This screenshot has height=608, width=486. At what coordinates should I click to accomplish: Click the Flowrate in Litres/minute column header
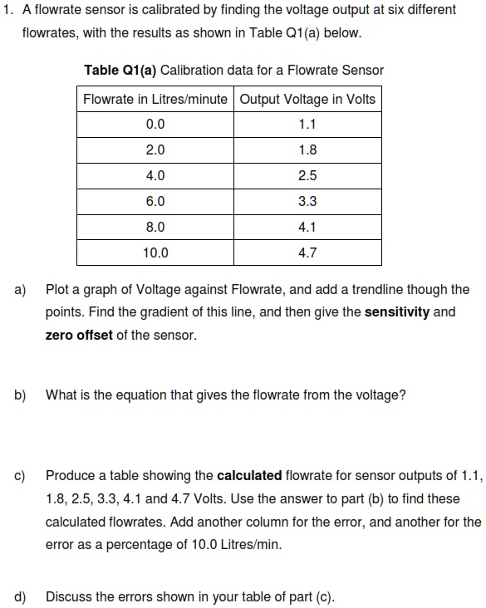tap(155, 100)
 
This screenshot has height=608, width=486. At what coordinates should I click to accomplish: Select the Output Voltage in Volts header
tap(307, 100)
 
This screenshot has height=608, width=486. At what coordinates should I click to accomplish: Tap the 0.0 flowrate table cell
tap(155, 125)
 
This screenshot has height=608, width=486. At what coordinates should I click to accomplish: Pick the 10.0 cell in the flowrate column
tap(155, 253)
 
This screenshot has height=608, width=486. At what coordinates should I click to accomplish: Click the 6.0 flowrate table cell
tap(155, 202)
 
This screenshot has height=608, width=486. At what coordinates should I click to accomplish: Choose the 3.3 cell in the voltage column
tap(307, 202)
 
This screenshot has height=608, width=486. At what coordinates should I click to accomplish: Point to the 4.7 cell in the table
tap(307, 253)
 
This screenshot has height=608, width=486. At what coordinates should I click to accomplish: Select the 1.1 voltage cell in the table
tap(307, 125)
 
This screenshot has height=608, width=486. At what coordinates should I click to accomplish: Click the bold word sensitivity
tap(397, 313)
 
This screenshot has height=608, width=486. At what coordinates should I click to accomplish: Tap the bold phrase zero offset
tap(78, 336)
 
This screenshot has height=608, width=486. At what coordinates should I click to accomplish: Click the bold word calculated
tap(248, 476)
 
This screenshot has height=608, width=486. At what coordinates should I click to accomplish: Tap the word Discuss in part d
tap(68, 596)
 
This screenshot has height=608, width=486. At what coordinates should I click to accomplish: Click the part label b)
tap(19, 395)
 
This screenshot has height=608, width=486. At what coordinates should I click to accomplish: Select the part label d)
tap(19, 596)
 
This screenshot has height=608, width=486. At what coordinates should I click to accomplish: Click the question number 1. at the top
tap(7, 9)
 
